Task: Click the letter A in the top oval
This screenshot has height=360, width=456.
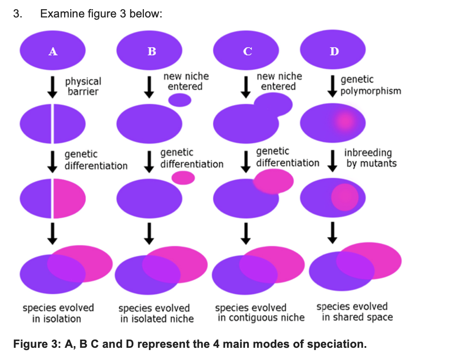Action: pyautogui.click(x=53, y=51)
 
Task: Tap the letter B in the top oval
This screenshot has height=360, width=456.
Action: pyautogui.click(x=151, y=51)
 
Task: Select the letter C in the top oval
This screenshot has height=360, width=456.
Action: pyautogui.click(x=247, y=51)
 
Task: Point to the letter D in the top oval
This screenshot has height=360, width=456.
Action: pyautogui.click(x=334, y=51)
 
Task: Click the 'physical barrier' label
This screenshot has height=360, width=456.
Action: pyautogui.click(x=83, y=86)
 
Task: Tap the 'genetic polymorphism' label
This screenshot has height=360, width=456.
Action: pyautogui.click(x=370, y=85)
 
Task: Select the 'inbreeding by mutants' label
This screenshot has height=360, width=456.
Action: pyautogui.click(x=371, y=158)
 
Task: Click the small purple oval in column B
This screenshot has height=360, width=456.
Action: pyautogui.click(x=180, y=100)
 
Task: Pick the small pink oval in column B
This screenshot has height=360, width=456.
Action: pyautogui.click(x=183, y=177)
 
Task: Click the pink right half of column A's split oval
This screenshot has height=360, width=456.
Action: pyautogui.click(x=68, y=199)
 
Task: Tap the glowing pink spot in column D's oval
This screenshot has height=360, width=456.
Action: pyautogui.click(x=345, y=121)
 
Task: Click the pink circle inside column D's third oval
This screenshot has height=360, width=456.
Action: pyautogui.click(x=344, y=197)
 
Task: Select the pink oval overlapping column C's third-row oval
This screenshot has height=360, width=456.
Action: pyautogui.click(x=274, y=181)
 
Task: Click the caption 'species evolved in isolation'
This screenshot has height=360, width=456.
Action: pyautogui.click(x=58, y=313)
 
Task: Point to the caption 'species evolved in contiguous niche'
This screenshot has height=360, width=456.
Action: pyautogui.click(x=260, y=313)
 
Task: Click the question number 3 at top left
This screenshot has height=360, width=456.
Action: pyautogui.click(x=17, y=14)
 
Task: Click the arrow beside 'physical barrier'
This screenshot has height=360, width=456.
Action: pyautogui.click(x=53, y=86)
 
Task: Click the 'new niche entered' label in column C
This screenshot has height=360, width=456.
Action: pyautogui.click(x=279, y=82)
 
